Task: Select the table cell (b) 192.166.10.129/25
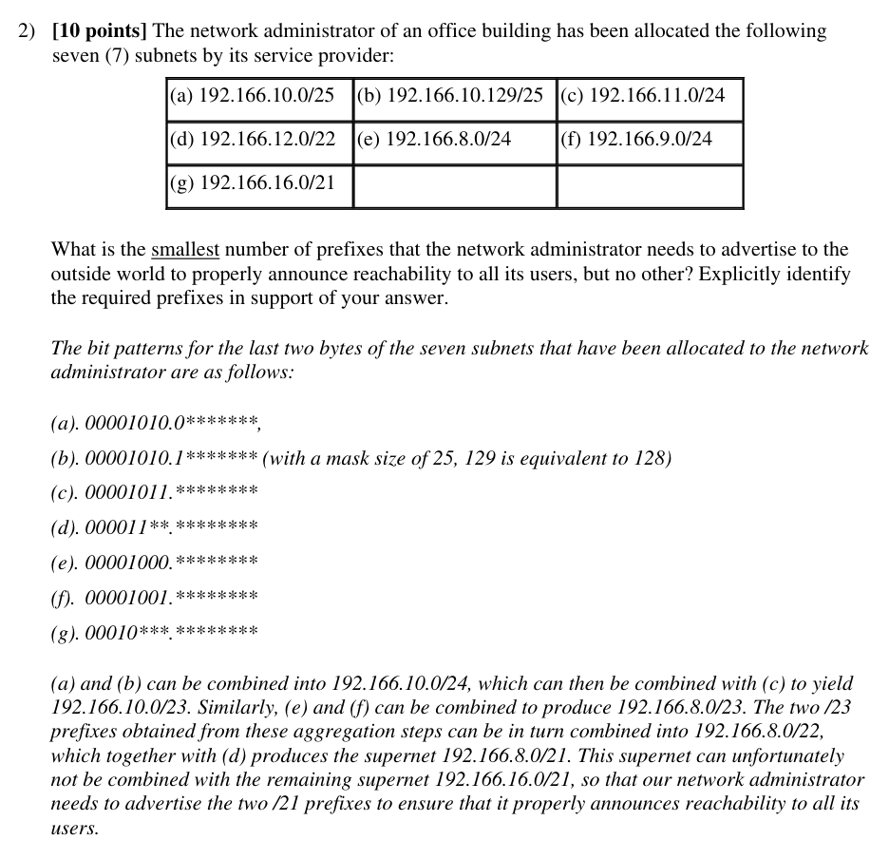452,96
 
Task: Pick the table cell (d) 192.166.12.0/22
253,140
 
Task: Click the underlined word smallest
185,250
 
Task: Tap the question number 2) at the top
28,31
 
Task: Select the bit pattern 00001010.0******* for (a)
171,422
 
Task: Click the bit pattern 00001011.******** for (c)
171,492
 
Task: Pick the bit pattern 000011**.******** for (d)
171,527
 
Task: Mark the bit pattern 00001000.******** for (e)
171,563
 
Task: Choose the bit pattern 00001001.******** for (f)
171,598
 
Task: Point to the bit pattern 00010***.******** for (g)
171,633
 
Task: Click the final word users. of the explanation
75,829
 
